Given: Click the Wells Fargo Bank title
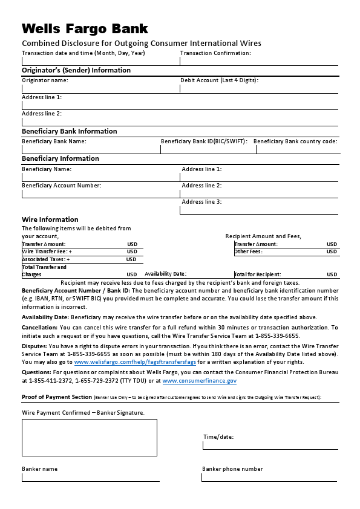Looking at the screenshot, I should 85,28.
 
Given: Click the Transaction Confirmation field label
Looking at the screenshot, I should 215,53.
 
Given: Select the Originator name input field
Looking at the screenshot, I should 100,88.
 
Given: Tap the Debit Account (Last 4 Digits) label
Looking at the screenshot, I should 219,80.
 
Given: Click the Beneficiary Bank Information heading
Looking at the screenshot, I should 70,131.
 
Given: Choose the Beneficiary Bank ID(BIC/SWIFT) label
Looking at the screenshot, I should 204,141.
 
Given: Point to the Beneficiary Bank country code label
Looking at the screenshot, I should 295,141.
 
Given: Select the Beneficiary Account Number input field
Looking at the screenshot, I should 100,194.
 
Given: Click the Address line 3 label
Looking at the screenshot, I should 201,202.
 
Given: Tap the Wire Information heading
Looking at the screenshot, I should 50,219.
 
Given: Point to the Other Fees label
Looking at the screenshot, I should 248,251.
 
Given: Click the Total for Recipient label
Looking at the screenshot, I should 258,274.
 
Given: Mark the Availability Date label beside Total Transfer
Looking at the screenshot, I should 165,274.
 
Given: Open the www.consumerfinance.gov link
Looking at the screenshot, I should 199,381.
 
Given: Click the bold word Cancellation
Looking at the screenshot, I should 39,327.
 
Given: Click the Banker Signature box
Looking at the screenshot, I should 90,438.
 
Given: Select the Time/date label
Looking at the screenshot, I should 218,437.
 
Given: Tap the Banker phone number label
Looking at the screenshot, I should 232,469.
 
